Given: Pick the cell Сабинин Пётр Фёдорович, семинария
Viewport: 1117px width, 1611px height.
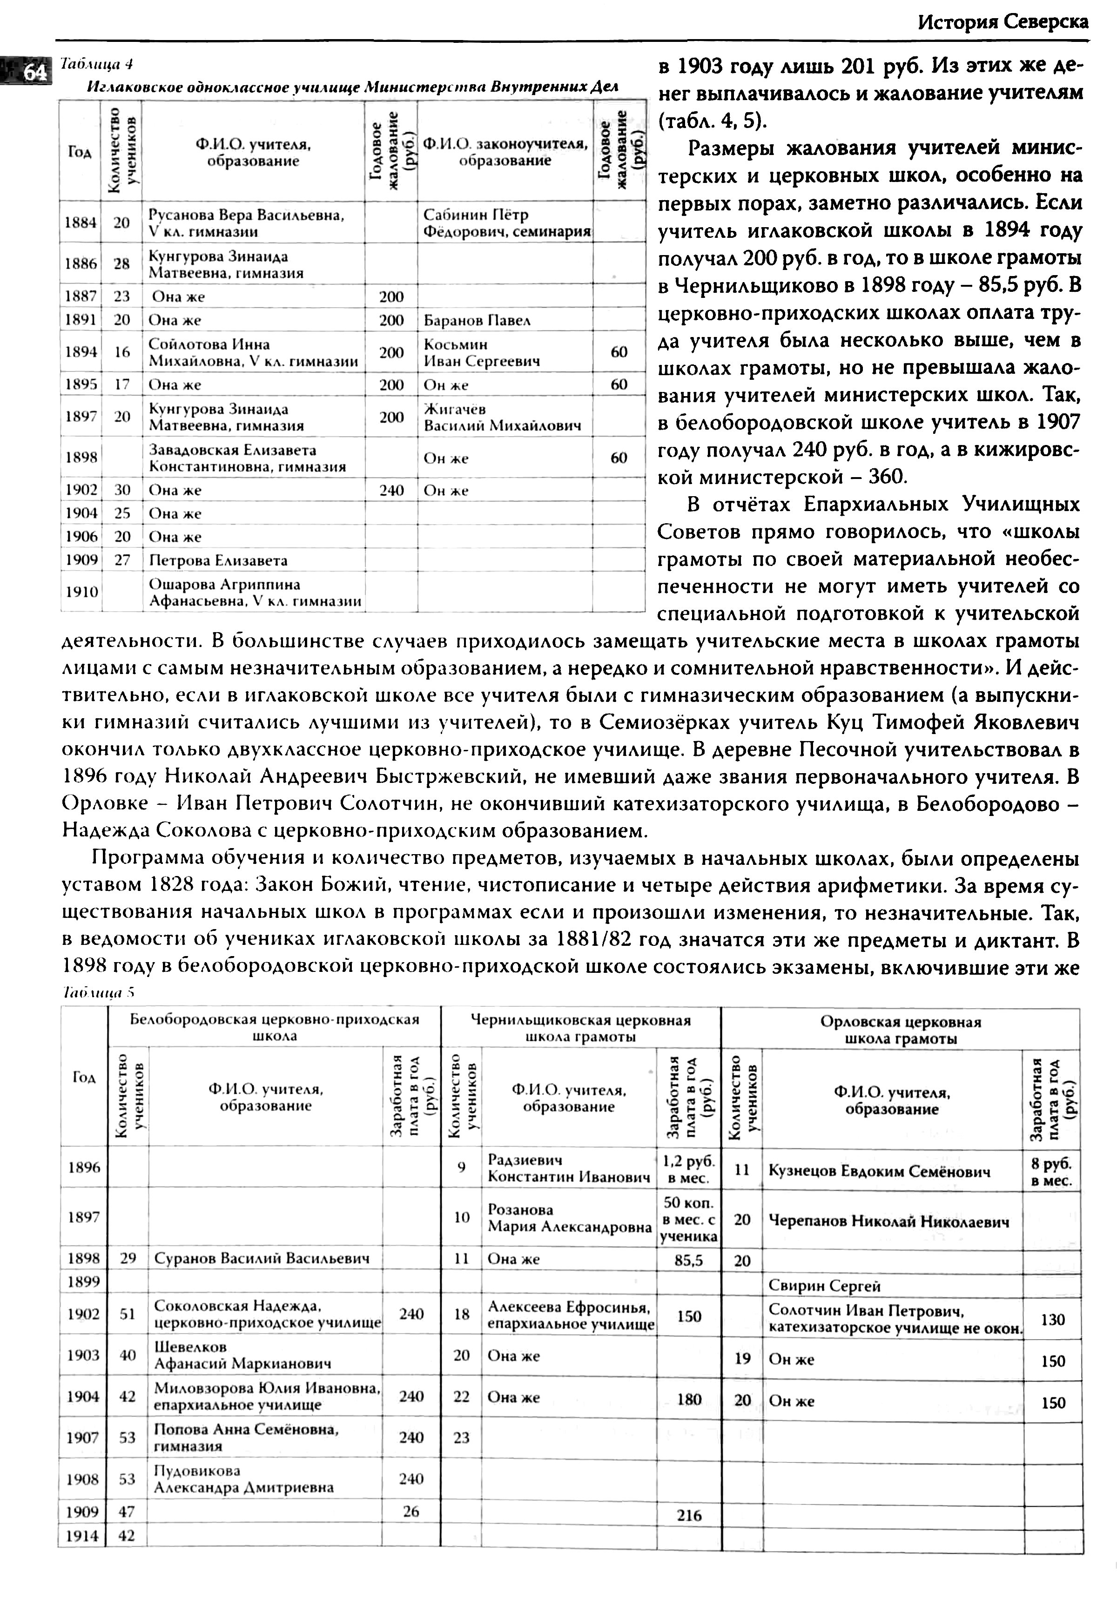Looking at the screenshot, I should click(505, 222).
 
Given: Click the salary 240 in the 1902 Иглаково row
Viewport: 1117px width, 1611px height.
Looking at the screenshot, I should click(391, 491).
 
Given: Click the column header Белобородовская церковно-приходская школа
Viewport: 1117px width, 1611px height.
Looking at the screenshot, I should click(274, 1027).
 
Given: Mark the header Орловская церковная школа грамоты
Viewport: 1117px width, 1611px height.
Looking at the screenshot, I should click(900, 1030).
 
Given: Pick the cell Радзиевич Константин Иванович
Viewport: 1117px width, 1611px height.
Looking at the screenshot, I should click(568, 1169).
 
